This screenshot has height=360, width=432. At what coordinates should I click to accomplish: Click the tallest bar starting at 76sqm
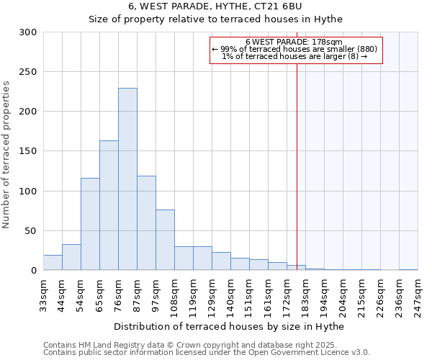(x=127, y=179)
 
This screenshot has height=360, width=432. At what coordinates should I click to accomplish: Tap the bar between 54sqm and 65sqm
(x=90, y=224)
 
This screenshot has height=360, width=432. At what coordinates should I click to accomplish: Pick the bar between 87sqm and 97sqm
(x=146, y=223)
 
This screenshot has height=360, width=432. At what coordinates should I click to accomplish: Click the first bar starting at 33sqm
(x=53, y=263)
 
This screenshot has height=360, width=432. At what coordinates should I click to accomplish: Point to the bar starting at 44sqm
(x=71, y=258)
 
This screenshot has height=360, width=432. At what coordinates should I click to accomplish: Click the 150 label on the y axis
(x=28, y=151)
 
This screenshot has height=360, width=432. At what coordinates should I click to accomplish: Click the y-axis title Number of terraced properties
(x=6, y=155)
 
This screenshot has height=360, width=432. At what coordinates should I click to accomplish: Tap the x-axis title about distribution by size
(x=230, y=327)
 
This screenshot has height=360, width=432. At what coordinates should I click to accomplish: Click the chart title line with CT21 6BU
(x=215, y=6)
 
